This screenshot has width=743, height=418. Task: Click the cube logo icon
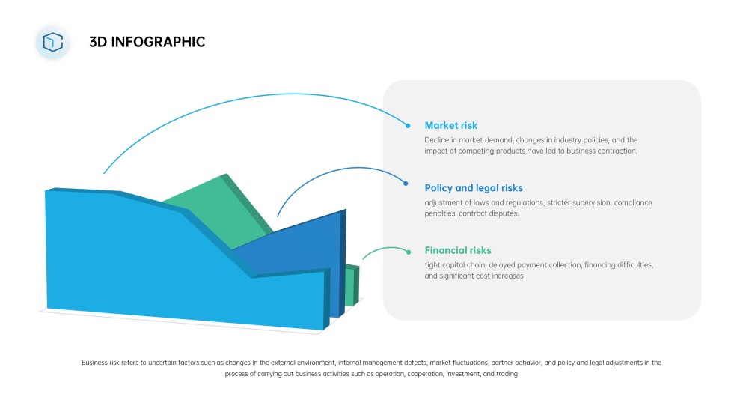52,42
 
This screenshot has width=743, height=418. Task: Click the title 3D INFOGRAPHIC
147,42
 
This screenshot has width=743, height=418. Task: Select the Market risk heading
450,125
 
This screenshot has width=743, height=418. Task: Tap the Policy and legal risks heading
474,188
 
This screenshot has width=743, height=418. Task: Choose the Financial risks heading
458,250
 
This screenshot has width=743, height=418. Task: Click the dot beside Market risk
408,125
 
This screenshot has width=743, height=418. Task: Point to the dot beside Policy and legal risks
406,183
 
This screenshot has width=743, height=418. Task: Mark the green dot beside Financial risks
408,251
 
